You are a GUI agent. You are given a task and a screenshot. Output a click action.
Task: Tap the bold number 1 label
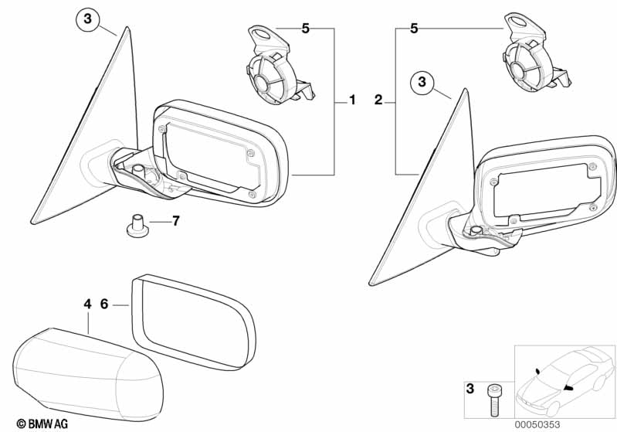pos(352,100)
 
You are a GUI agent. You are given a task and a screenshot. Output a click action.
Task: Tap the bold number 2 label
pos(378,100)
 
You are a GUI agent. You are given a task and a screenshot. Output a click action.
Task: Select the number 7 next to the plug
pos(175,221)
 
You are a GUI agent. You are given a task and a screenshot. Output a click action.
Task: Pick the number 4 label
pos(87,304)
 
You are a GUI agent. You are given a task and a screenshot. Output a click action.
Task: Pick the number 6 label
pos(104,304)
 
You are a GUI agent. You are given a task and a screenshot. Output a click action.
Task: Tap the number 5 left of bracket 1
pos(305,29)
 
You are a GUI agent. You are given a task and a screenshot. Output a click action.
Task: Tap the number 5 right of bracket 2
pos(414,29)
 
